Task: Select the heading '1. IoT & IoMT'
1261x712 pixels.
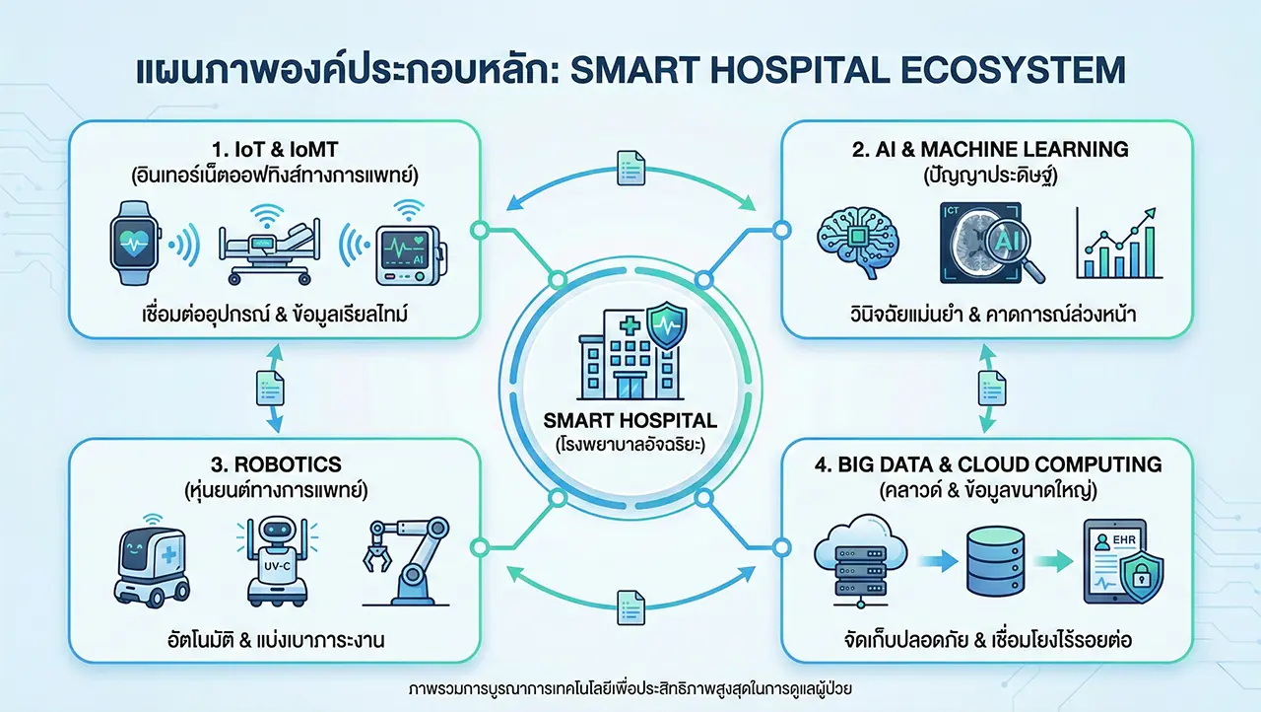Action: pos(276,151)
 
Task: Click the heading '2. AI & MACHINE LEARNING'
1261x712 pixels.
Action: pos(987,150)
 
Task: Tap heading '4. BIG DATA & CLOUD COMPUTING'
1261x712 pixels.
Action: pos(987,464)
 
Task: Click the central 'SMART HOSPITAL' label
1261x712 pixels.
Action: pos(630,419)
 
